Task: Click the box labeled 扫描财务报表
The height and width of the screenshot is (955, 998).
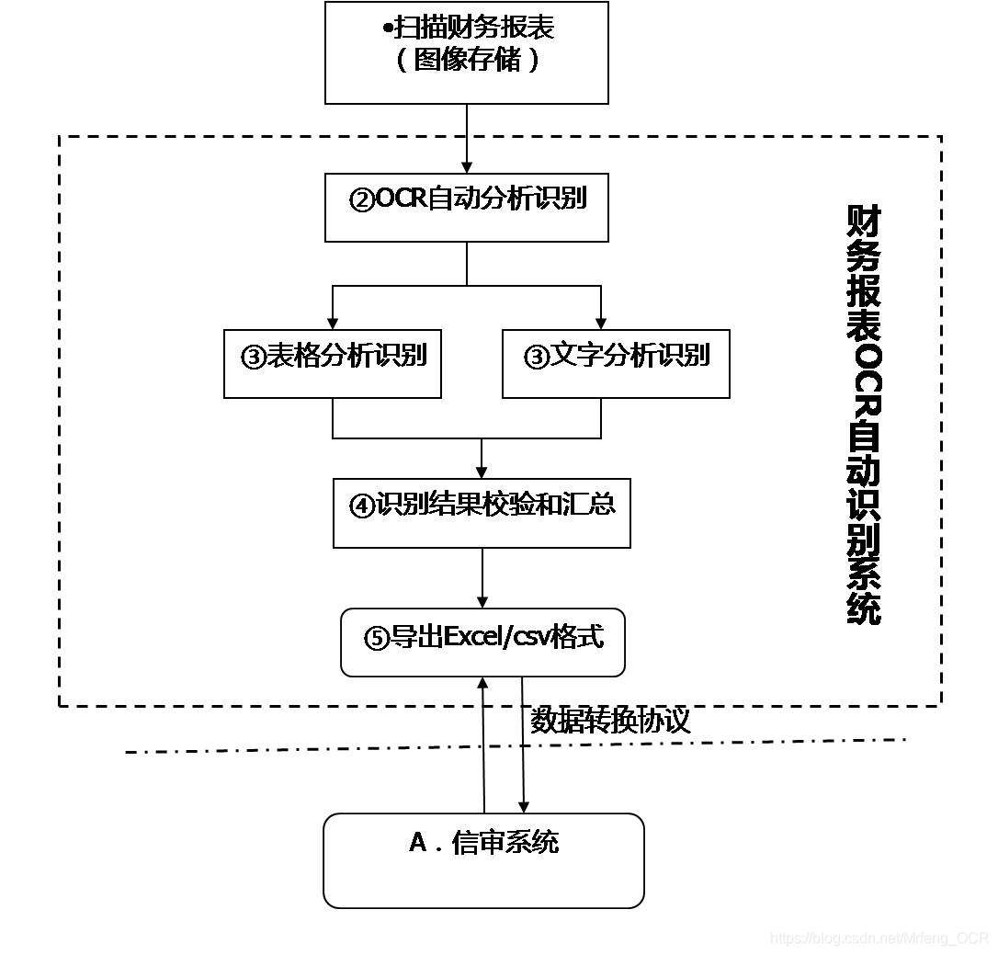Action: coord(467,52)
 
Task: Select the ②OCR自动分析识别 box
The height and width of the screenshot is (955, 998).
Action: coord(467,207)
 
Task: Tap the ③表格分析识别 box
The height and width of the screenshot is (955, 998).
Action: coord(332,363)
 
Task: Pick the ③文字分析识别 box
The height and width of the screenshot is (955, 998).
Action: coord(616,363)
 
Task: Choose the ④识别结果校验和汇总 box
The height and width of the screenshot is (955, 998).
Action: coord(482,512)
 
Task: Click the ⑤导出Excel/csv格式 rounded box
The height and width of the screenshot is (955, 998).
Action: coord(482,642)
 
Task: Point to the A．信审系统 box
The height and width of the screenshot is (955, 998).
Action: coord(483,859)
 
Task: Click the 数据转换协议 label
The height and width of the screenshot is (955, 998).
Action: coord(610,721)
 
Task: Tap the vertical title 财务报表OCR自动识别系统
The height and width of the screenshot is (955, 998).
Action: coord(863,415)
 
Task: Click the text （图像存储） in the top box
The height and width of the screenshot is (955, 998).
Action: coord(468,61)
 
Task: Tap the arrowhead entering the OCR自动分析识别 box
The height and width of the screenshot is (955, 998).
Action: coord(467,167)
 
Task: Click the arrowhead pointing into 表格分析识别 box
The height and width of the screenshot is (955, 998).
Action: coord(332,323)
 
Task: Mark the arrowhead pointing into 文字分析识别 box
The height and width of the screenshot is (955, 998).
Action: coord(601,323)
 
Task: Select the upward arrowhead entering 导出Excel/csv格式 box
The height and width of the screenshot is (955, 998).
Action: coord(482,683)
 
